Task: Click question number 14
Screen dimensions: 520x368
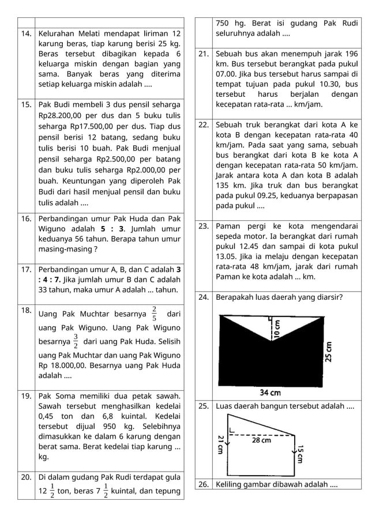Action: [x=26, y=34]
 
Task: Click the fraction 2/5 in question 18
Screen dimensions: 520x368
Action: [x=154, y=314]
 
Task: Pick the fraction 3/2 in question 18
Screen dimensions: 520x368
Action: [x=76, y=341]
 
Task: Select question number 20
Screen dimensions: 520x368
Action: [x=26, y=477]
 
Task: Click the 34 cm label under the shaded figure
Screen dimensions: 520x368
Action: [x=270, y=393]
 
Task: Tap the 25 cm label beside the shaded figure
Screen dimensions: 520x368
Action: [x=329, y=350]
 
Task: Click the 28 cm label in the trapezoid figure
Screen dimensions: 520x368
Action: [x=261, y=440]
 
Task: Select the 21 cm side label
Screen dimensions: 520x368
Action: [x=220, y=444]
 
